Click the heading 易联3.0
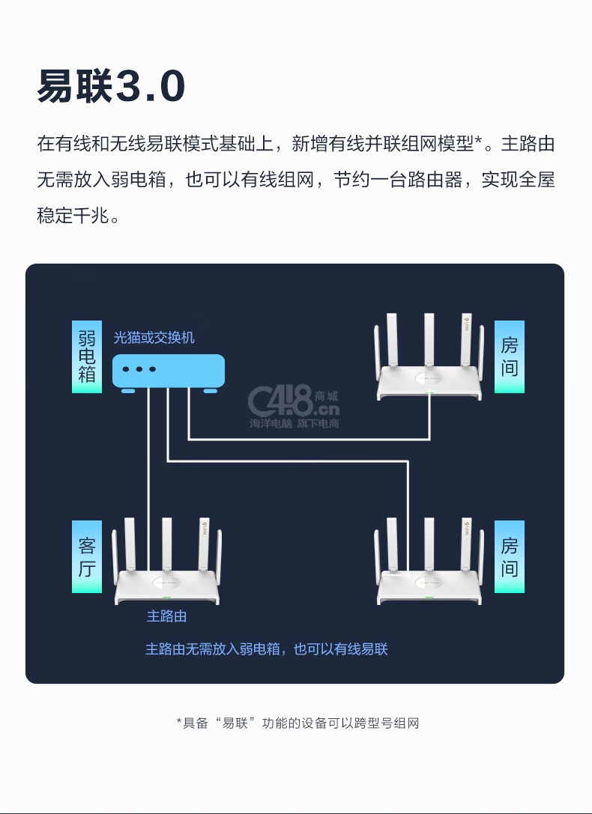click(x=111, y=86)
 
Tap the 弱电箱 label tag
click(x=87, y=356)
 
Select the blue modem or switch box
click(x=169, y=371)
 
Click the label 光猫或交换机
click(x=154, y=338)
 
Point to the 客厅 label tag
click(x=87, y=556)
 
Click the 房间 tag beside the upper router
click(x=510, y=356)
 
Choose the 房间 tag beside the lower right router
click(x=510, y=556)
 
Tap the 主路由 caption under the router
click(x=166, y=616)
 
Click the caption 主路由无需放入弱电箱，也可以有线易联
click(x=267, y=649)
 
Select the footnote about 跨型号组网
click(x=297, y=723)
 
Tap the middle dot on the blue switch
click(x=139, y=369)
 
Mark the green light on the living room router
click(x=166, y=598)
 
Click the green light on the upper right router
click(x=429, y=394)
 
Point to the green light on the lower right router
click(x=429, y=598)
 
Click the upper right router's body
click(x=429, y=382)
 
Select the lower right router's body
click(x=429, y=586)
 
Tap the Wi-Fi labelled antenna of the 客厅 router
click(x=204, y=544)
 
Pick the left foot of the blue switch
click(x=128, y=390)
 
